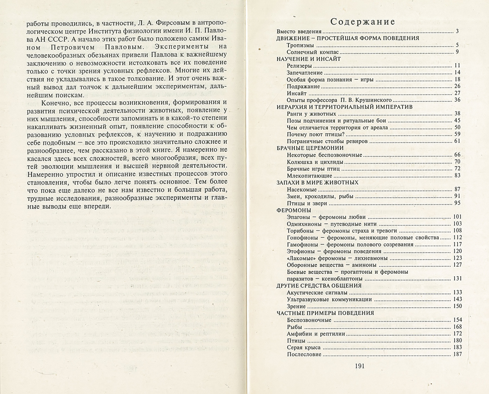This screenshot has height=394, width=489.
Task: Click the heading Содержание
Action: coord(363,22)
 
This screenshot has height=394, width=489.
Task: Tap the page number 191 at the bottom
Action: coord(359,366)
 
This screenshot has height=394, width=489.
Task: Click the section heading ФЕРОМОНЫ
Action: coord(294,210)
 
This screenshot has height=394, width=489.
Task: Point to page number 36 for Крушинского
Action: coord(457,100)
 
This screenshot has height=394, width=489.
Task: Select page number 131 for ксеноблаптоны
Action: coord(457,279)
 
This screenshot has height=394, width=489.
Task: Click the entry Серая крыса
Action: coord(304,348)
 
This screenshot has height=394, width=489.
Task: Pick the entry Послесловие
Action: coord(304,354)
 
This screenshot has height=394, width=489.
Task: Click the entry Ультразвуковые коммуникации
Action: coord(329,299)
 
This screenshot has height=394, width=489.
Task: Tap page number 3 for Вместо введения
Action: coord(457,31)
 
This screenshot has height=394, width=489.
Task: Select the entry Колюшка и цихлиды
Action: coord(315,162)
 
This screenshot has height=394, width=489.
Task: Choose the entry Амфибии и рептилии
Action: coord(316,334)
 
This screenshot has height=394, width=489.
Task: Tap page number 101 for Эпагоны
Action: coord(457,217)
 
